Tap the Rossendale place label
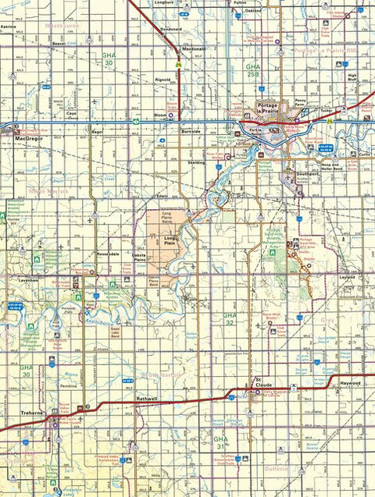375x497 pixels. [x=107, y=254]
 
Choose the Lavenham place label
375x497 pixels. [x=29, y=279]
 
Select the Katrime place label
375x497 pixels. [x=9, y=26]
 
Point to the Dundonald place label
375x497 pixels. [x=172, y=28]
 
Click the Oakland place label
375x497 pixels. [x=253, y=11]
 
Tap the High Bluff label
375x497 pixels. [x=353, y=78]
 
